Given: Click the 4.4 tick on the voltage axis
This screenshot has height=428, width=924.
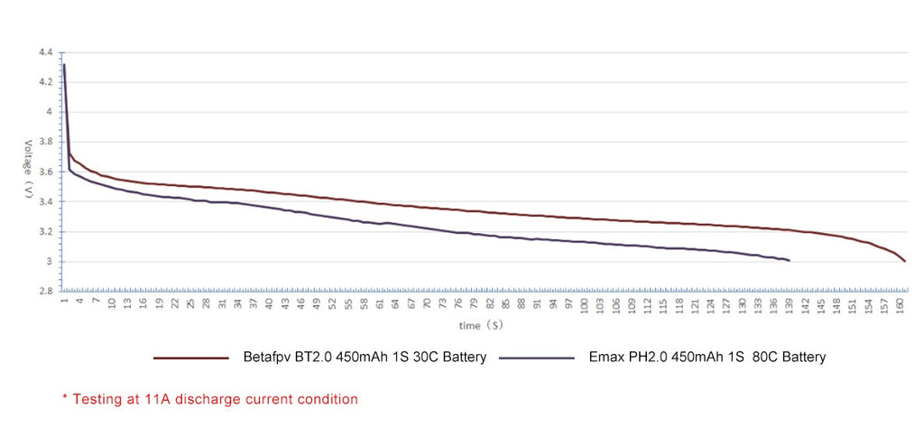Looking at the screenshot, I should pos(45,51).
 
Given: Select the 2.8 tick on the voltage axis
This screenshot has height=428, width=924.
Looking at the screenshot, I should pos(45,292).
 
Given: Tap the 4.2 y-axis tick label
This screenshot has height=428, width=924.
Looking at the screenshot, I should pos(45,81).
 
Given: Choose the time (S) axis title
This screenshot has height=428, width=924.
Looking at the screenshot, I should pos(481,324).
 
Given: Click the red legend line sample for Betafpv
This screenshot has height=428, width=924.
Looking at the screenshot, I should pos(190,358).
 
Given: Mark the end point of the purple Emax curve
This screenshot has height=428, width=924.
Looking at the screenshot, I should pos(790,261).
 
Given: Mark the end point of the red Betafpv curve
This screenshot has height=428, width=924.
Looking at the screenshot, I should pos(904,261).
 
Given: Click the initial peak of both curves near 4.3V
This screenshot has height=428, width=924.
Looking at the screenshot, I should pos(64,65).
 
